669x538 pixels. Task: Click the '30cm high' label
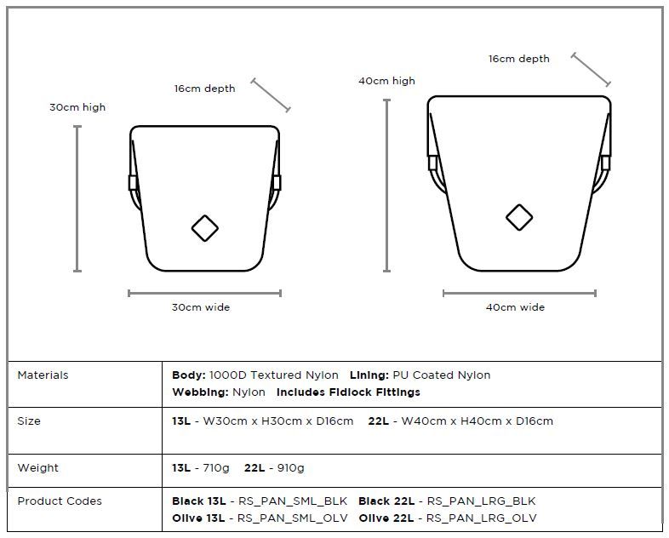click(x=77, y=107)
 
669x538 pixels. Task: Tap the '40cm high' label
click(x=386, y=81)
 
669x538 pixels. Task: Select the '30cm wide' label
click(x=201, y=307)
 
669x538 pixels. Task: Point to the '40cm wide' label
click(x=515, y=307)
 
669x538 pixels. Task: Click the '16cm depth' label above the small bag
click(x=204, y=89)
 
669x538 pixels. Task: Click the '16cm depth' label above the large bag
click(x=519, y=59)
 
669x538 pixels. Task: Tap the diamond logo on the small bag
click(x=205, y=228)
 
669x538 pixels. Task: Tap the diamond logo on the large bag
click(x=519, y=218)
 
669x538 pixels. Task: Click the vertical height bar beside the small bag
click(x=77, y=198)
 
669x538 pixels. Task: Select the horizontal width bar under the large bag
click(x=519, y=293)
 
